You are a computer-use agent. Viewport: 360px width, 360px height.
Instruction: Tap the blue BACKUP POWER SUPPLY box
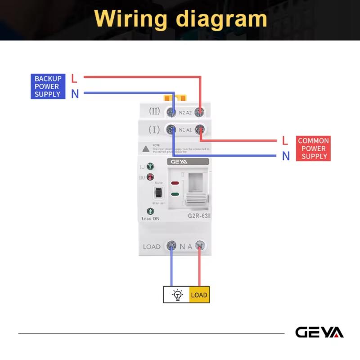coord(48,86)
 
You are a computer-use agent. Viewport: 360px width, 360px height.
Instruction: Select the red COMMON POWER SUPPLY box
coord(314,148)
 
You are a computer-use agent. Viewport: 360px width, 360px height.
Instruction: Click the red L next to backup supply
coord(74,78)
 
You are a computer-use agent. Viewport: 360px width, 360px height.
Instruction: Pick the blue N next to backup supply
coord(75,94)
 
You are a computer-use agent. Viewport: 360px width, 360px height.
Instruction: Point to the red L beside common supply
coord(285,141)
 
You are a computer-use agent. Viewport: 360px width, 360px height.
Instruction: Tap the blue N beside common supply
coord(285,156)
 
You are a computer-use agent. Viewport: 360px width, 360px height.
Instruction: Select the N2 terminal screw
coord(171,112)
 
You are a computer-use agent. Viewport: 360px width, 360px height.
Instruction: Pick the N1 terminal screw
coord(171,130)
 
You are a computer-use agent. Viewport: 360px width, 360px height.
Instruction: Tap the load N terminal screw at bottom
coord(171,246)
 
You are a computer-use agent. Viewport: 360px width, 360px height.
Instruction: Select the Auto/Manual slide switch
coord(158,193)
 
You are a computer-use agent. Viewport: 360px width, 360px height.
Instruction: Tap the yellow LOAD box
coord(199,295)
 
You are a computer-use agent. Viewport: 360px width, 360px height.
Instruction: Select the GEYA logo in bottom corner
coord(319,333)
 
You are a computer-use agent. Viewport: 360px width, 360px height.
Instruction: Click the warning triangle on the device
coord(146,148)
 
